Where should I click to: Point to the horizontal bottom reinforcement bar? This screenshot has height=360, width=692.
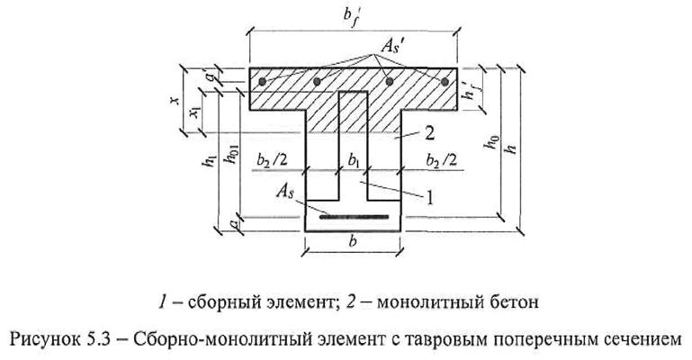tap(353, 216)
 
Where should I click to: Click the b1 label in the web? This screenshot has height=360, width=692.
tap(352, 160)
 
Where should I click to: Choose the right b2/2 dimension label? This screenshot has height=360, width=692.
tap(430, 160)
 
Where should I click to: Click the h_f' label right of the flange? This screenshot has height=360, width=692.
tap(468, 90)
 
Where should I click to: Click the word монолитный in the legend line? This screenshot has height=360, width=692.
tap(443, 301)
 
